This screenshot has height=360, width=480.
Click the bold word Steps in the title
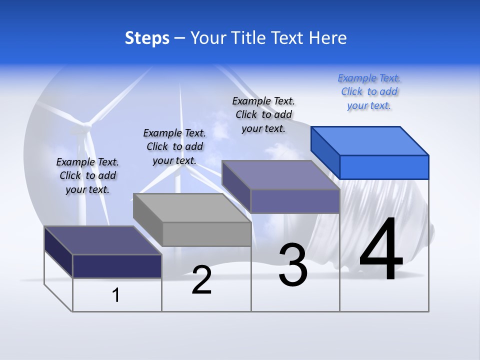(147, 38)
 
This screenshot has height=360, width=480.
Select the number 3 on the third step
(293, 265)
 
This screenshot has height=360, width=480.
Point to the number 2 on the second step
(201, 280)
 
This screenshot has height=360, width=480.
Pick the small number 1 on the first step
(116, 295)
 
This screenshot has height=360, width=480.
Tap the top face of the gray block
(192, 207)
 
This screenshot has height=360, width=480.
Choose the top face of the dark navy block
(103, 240)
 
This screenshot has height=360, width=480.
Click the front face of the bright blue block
(384, 167)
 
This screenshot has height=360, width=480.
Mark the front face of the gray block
(206, 234)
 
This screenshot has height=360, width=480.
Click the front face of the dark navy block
(117, 266)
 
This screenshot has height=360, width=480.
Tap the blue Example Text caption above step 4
(369, 91)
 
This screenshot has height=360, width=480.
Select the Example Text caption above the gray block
(174, 146)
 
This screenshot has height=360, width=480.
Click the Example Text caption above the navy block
(87, 175)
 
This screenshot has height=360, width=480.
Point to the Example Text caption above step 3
(263, 114)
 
